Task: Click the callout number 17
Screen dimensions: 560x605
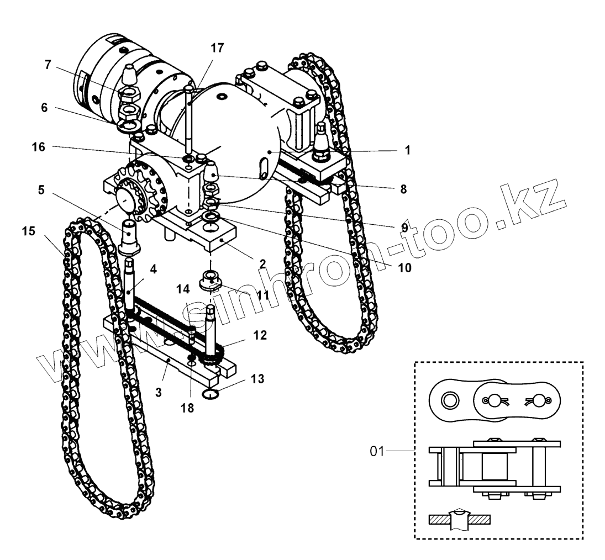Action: [x=217, y=48]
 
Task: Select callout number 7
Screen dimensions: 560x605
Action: [x=49, y=65]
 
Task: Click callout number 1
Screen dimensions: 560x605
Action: [x=407, y=150]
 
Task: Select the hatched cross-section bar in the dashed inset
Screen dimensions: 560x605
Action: [x=459, y=520]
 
